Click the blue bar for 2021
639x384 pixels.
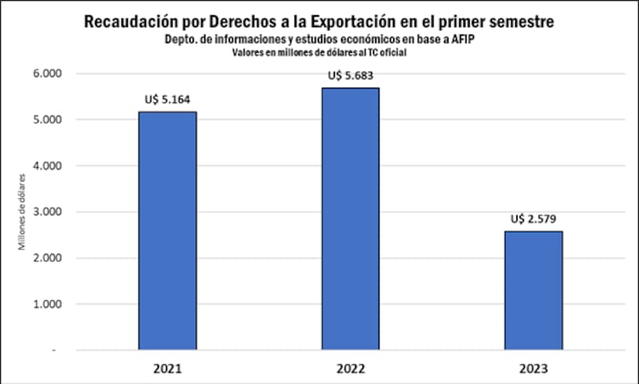pyautogui.click(x=168, y=231)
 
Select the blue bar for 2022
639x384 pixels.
pyautogui.click(x=351, y=219)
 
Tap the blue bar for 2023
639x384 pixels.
pyautogui.click(x=534, y=291)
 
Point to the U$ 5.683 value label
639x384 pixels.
pyautogui.click(x=351, y=77)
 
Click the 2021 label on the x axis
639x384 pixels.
pyautogui.click(x=168, y=370)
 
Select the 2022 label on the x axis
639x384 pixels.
pyautogui.click(x=351, y=370)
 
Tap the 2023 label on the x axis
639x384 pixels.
pyautogui.click(x=534, y=370)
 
